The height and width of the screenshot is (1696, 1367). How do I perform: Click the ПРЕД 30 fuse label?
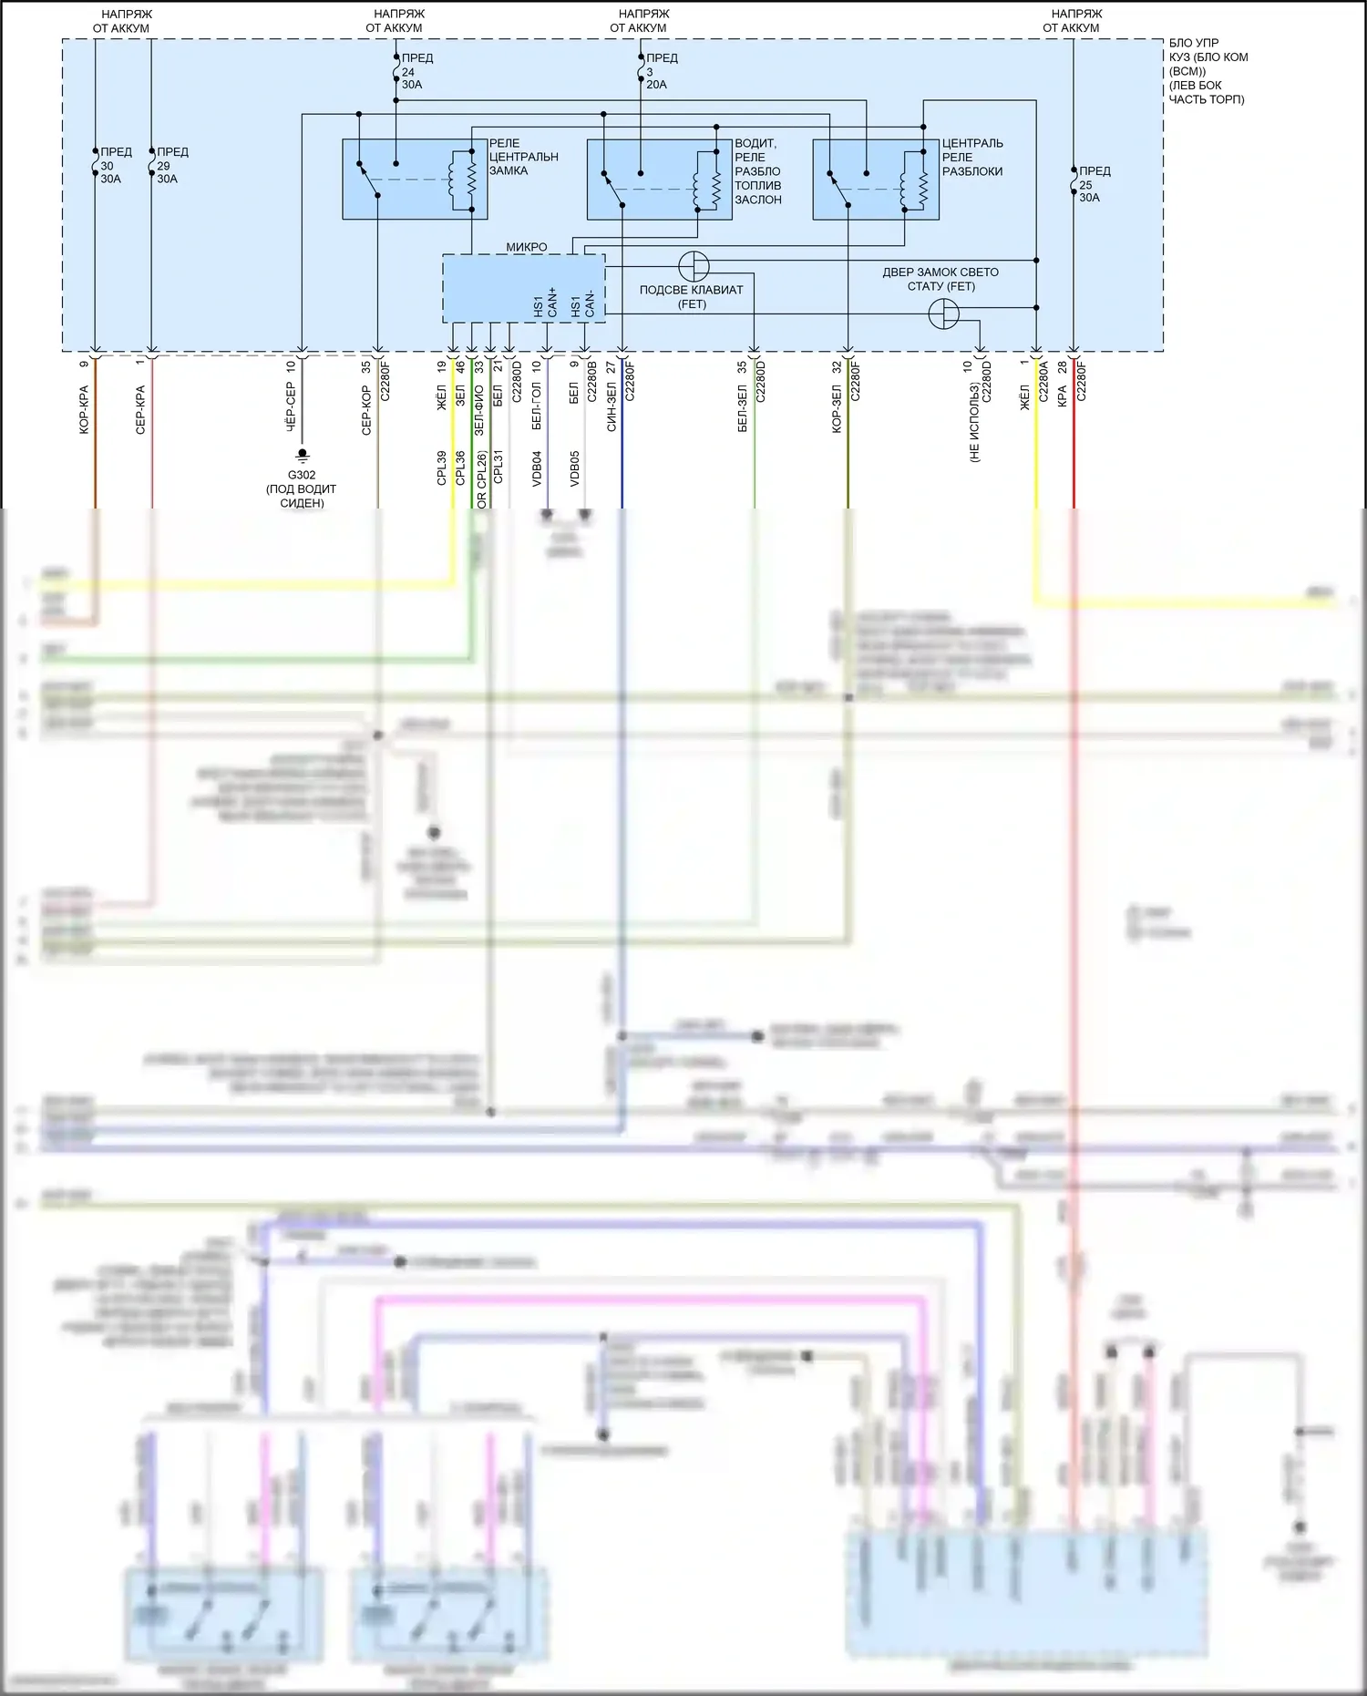pos(115,166)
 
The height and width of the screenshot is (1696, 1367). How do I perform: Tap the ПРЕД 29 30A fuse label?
pos(171,166)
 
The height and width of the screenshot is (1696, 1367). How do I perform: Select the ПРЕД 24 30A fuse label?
pos(416,71)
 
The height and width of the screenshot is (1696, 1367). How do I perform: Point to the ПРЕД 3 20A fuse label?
pos(661,71)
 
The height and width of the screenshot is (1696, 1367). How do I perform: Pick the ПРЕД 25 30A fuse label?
pos(1094,184)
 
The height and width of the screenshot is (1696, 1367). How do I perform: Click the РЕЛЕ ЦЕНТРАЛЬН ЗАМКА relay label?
pos(523,157)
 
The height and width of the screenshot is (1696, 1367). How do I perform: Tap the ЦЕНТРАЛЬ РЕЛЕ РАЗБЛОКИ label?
pos(971,157)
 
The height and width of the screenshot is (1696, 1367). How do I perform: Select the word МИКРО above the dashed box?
pos(527,247)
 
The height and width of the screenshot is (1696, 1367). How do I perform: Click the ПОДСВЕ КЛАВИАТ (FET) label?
pos(692,297)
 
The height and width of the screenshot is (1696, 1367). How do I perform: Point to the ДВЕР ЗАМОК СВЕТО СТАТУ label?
pos(940,279)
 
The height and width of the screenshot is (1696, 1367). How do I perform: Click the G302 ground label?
pos(302,475)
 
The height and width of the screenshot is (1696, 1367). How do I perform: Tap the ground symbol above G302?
pos(302,455)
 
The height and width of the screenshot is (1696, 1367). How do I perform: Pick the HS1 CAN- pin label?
pos(582,304)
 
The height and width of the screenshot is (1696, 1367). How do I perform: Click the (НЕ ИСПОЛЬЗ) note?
pos(974,423)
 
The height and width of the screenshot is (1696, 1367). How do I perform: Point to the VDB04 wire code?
pos(537,468)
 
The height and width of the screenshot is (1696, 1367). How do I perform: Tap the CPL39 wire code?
pos(441,468)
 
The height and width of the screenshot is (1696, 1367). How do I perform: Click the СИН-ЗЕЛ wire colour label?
pos(612,406)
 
